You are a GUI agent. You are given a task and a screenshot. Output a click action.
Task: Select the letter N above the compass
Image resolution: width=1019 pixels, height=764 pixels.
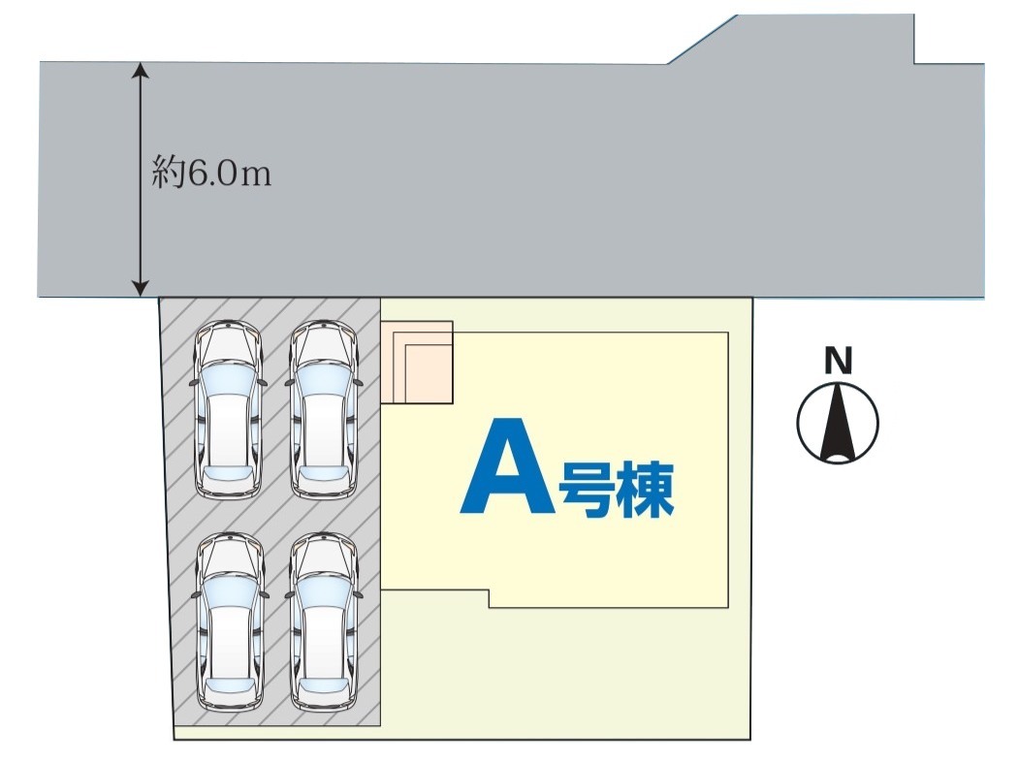pos(838,362)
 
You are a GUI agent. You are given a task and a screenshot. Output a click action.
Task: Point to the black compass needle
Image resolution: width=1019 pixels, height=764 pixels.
pos(838,422)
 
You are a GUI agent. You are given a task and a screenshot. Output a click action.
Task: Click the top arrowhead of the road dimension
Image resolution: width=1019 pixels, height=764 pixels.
pos(142,70)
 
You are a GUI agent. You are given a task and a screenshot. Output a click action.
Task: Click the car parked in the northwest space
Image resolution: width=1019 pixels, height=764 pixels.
pos(229,409)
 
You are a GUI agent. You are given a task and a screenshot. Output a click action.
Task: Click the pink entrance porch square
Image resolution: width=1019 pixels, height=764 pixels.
pos(417,362)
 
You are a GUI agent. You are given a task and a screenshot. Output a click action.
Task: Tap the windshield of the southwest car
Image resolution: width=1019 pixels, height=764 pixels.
pos(229,591)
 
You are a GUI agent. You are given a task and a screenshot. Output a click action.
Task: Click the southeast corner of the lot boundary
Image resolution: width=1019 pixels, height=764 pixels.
pos(751,740)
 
